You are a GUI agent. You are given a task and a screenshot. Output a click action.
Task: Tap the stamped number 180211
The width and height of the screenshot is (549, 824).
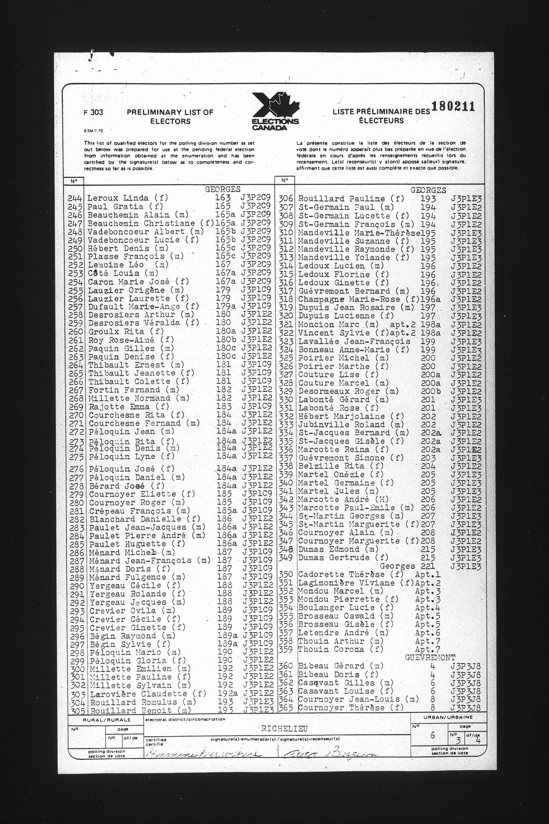point(453,106)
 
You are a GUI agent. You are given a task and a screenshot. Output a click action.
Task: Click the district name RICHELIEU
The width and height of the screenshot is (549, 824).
point(284,729)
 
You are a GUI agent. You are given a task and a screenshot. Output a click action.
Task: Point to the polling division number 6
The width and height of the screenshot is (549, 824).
point(433,735)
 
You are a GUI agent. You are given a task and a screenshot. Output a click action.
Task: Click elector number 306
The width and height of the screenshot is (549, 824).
point(286,199)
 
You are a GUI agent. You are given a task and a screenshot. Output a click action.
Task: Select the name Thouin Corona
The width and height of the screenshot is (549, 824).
point(336,649)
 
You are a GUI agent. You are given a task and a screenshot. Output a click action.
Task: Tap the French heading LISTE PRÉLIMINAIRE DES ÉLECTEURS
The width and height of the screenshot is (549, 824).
point(381,116)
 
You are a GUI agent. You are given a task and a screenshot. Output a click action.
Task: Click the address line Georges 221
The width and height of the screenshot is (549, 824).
point(407,566)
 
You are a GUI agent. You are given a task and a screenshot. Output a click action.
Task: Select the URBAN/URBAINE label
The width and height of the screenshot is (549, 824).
point(448,717)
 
